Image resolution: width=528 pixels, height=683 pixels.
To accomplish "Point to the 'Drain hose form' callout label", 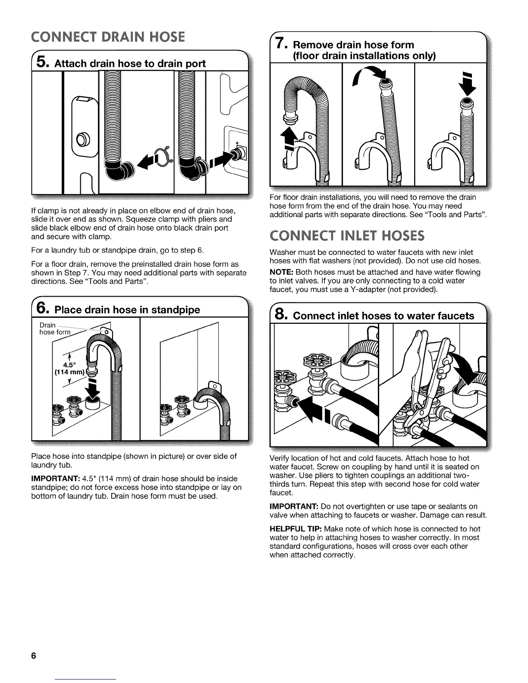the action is [x=54, y=329].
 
